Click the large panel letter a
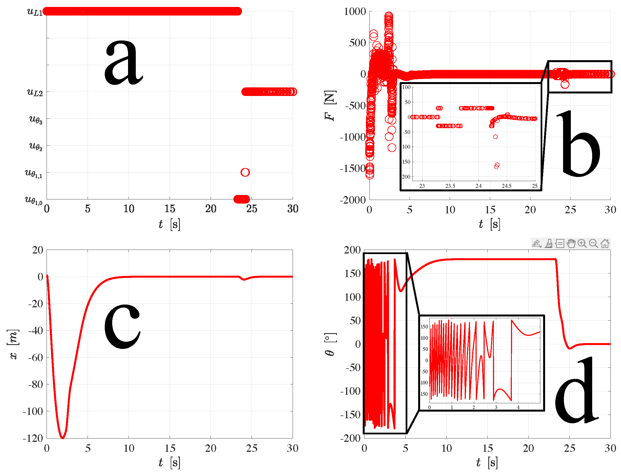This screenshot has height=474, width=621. (123, 63)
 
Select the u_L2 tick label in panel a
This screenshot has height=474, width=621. (35, 92)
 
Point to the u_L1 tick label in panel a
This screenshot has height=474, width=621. (35, 12)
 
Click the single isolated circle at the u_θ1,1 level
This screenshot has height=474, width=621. (245, 172)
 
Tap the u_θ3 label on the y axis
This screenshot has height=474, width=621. (36, 119)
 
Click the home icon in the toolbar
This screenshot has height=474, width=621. (605, 244)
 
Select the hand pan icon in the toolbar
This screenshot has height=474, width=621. (571, 244)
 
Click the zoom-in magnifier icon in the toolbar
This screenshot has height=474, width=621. (582, 244)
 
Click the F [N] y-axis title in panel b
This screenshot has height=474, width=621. (330, 105)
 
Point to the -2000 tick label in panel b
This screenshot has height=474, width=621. (353, 200)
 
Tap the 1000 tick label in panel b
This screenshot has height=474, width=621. (355, 12)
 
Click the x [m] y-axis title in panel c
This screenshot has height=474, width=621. (13, 344)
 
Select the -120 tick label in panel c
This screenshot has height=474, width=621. (33, 438)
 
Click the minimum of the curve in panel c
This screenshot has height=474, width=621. (63, 438)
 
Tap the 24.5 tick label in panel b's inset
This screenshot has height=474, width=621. (507, 186)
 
